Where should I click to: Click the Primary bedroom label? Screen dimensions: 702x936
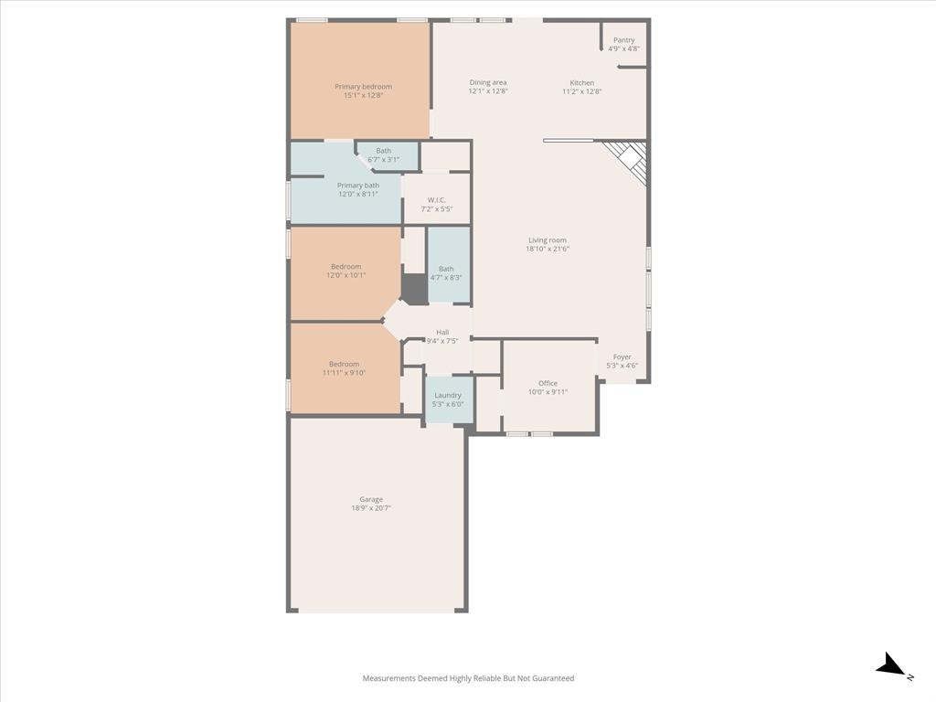(363, 87)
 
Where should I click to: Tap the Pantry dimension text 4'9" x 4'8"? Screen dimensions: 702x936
(624, 49)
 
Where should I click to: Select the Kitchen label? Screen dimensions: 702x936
(582, 83)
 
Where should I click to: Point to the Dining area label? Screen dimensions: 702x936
(488, 82)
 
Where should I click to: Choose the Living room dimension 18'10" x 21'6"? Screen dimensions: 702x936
(548, 249)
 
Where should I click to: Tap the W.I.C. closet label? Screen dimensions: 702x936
(436, 200)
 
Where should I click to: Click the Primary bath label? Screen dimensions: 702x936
(357, 186)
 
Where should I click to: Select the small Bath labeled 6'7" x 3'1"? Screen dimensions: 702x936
(383, 151)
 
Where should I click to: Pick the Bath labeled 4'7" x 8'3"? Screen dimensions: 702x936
(446, 269)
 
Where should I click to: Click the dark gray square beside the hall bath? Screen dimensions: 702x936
(414, 290)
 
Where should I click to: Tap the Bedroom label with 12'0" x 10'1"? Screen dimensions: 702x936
(346, 267)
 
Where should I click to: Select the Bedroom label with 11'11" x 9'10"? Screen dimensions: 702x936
(345, 364)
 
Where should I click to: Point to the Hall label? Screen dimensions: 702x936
(442, 333)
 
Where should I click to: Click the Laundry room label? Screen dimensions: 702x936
(448, 395)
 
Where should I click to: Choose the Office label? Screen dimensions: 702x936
(548, 383)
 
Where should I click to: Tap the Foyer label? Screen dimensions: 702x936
(622, 357)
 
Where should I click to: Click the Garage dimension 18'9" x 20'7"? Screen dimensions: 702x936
(371, 508)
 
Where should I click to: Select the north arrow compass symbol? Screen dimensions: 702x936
(891, 666)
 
